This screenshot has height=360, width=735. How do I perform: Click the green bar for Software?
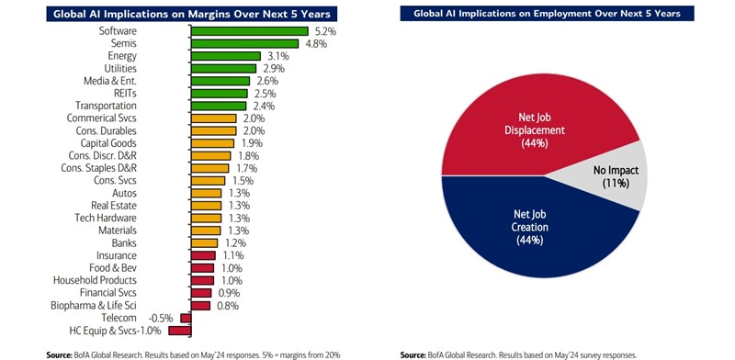(249, 30)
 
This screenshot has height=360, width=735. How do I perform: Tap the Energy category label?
(122, 56)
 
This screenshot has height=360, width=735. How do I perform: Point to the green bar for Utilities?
(223, 68)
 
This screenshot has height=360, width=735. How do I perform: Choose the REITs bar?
(219, 93)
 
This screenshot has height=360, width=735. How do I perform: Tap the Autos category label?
(124, 193)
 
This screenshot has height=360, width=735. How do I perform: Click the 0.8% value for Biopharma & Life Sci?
(225, 305)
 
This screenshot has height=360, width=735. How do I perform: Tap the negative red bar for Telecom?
(186, 318)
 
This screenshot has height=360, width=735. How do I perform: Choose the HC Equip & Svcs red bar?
(183, 330)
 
